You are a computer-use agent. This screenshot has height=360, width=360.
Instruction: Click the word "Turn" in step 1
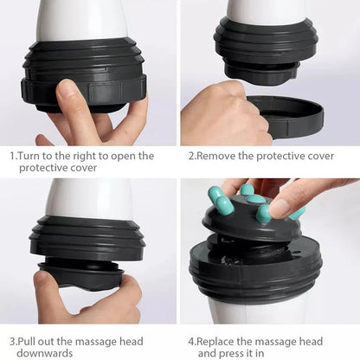click(x=30, y=157)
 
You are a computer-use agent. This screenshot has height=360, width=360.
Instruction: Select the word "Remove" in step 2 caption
click(x=217, y=157)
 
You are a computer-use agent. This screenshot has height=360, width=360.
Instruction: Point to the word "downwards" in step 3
click(x=40, y=353)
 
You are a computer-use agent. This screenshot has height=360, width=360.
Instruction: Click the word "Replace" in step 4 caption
click(x=220, y=341)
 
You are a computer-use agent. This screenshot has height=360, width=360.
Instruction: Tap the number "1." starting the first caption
click(x=14, y=157)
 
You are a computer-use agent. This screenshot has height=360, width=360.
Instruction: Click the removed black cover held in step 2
click(x=285, y=118)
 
